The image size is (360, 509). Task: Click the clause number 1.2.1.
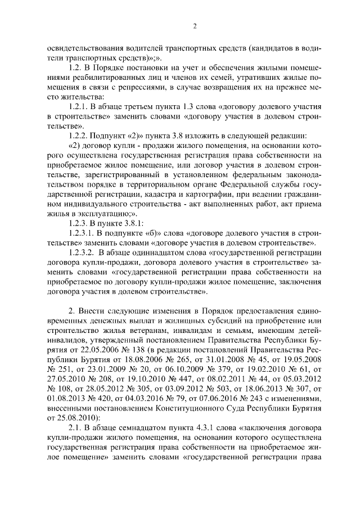pyautogui.click(x=78, y=107)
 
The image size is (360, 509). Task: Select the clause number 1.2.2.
pyautogui.click(x=78, y=136)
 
